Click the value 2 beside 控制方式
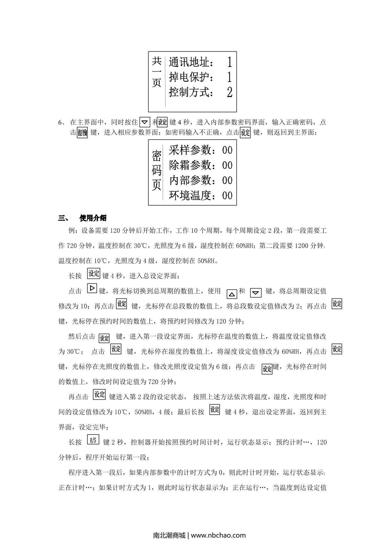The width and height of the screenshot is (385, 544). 229,92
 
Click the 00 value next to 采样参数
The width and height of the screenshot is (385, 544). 227,150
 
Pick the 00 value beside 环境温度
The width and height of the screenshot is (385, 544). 227,195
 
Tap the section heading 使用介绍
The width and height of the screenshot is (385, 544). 93,218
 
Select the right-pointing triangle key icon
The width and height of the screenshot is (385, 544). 92,288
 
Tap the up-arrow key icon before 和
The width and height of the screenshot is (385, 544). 232,293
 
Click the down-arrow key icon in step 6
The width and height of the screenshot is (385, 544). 145,122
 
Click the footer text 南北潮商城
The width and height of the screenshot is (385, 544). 169,535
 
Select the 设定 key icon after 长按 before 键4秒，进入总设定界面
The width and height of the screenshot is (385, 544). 94,273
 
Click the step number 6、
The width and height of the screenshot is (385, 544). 62,122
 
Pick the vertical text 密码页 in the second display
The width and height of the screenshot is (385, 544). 156,170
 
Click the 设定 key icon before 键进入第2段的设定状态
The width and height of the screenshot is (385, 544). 99,394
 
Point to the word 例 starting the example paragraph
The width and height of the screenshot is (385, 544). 71,231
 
